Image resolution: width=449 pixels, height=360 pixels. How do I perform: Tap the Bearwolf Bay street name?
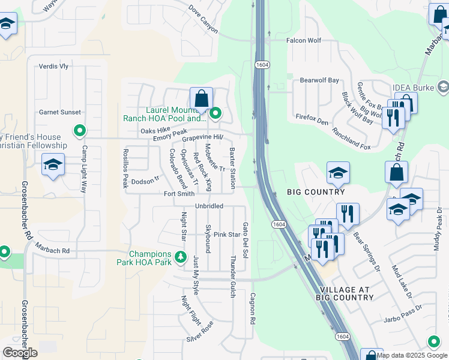(x=319, y=80)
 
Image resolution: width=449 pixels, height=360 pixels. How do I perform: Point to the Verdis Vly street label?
(x=53, y=67)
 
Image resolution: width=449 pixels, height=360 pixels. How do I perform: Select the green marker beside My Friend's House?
(x=79, y=130)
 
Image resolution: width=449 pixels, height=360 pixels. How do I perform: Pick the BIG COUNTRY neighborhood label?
(x=316, y=192)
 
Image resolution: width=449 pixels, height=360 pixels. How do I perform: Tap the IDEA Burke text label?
(x=412, y=88)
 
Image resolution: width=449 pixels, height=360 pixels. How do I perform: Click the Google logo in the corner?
(x=19, y=353)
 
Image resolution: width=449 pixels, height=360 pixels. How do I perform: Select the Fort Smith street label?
(x=179, y=194)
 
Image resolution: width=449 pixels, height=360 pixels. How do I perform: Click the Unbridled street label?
(x=209, y=206)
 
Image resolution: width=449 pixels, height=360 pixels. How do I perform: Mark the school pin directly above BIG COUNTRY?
(x=338, y=173)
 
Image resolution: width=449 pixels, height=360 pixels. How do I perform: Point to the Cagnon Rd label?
(x=253, y=307)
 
